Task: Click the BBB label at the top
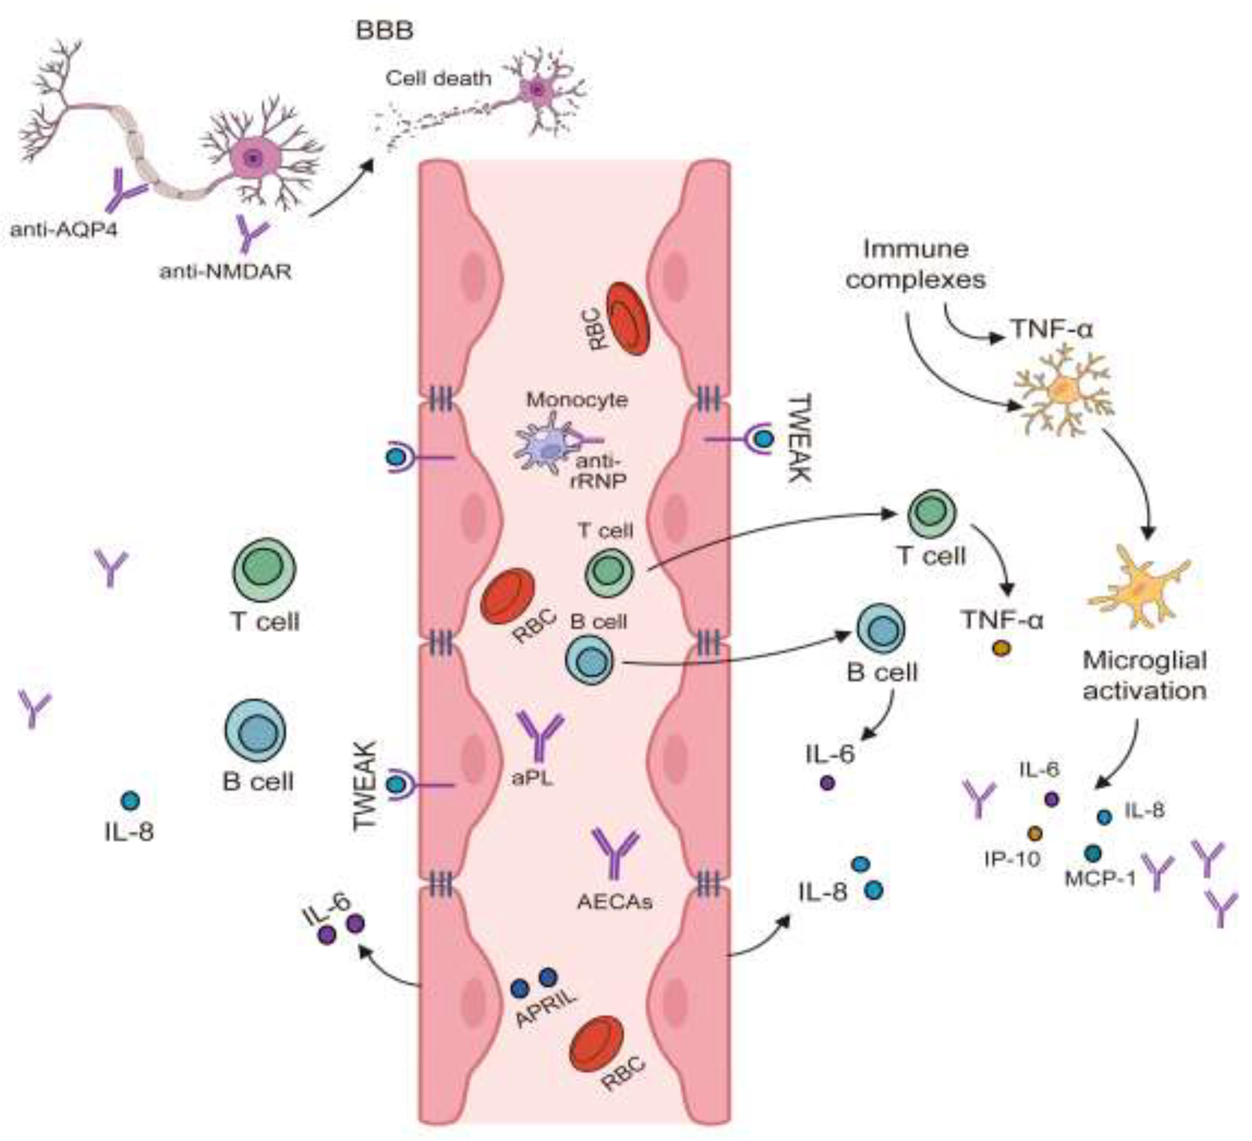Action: (x=384, y=31)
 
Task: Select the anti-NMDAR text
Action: (x=226, y=271)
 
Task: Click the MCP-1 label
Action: (x=1100, y=879)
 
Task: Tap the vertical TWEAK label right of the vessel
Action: (x=799, y=438)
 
